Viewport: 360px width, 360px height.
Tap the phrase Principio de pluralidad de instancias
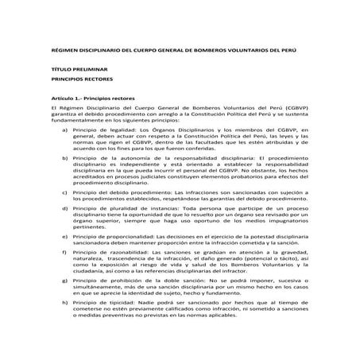tap(115, 209)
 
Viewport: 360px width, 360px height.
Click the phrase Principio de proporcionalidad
tap(106, 236)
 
